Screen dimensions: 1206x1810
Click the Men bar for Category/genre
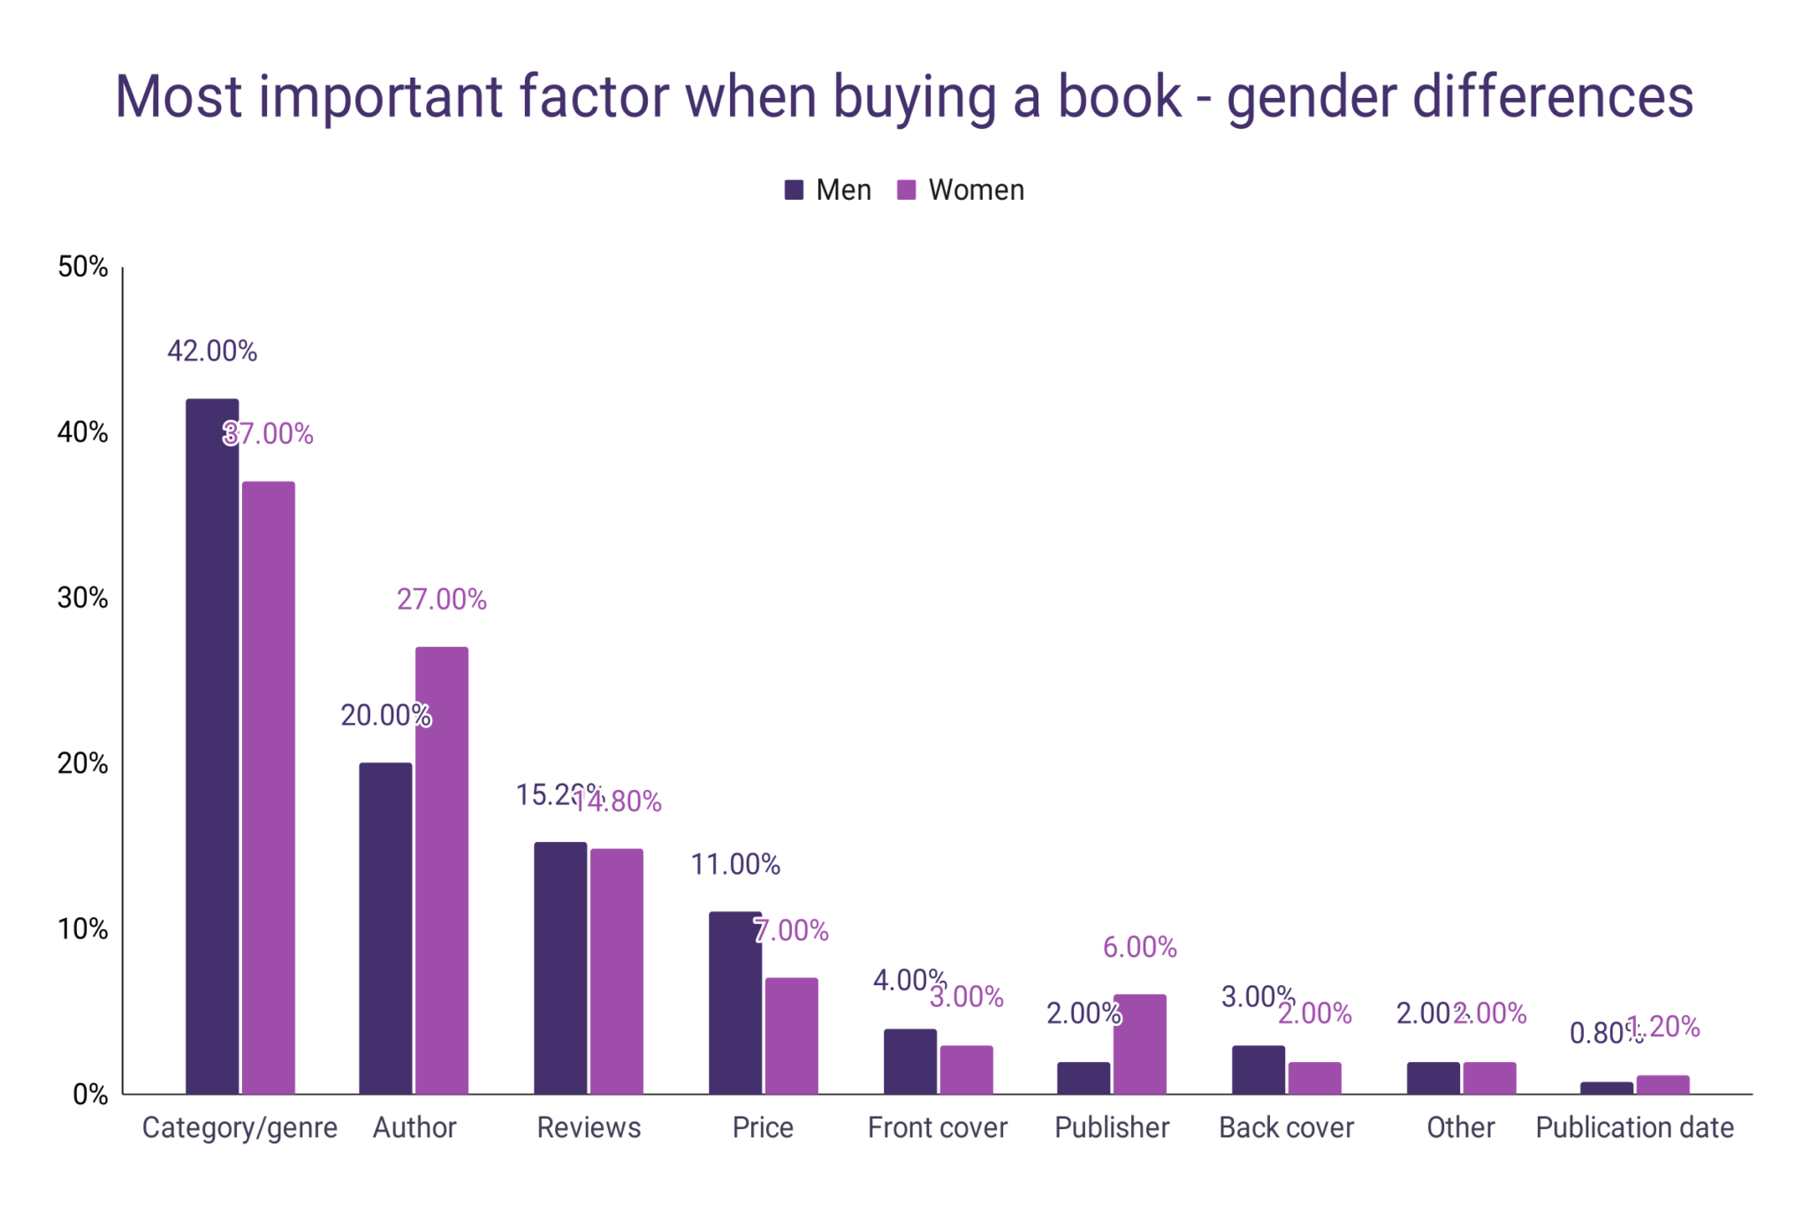coord(212,747)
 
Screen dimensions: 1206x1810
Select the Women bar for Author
coord(442,870)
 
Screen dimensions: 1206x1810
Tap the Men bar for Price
coord(734,1003)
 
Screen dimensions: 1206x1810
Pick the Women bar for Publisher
coord(1139,1044)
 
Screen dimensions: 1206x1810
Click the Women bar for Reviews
coord(616,972)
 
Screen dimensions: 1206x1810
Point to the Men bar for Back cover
coord(1258,1070)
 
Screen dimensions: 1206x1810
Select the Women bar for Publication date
coord(1662,1085)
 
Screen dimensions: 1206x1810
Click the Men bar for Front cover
coord(909,1061)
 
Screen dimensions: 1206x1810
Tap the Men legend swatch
coord(794,190)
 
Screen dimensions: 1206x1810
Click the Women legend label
coord(976,190)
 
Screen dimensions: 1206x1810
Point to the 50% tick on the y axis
coord(82,267)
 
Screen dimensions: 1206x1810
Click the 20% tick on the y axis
coord(82,763)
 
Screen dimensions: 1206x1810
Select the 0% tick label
coord(89,1095)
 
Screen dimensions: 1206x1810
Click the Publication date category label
coord(1634,1128)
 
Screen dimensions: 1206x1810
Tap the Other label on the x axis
coord(1460,1128)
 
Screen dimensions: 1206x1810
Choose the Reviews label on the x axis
coord(589,1128)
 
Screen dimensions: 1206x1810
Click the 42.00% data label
coord(212,352)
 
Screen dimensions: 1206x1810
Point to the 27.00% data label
coord(442,600)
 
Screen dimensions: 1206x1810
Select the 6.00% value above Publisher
coord(1139,948)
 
